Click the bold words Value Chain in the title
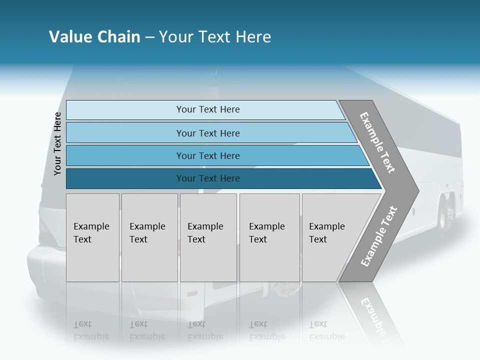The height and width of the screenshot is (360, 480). coord(94,37)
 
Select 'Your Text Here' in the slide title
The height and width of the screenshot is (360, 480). coord(215,37)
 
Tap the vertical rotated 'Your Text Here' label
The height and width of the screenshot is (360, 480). coord(57,143)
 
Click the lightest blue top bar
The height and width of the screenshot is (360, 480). coord(207,109)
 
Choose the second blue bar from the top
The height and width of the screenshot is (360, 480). coord(207,133)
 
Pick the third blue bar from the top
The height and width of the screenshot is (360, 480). coord(207,155)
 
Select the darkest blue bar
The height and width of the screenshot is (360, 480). coord(207,178)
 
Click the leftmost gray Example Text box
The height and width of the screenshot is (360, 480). coord(92,237)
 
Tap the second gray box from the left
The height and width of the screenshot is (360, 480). coord(149,237)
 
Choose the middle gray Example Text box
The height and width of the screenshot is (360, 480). coord(208,237)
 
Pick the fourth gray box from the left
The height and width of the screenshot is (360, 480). coord(269,237)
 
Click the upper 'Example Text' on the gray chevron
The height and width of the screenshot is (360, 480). coord(377,143)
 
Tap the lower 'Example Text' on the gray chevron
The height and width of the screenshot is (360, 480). coord(378,236)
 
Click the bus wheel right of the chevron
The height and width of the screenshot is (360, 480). coord(444,216)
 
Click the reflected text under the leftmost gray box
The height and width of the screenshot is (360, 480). coord(91,330)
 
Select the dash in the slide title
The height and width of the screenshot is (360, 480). coord(149,37)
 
